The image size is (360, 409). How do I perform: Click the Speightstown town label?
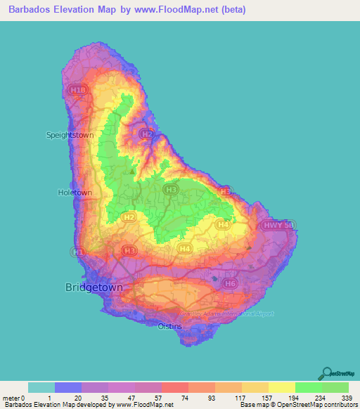click(x=70, y=134)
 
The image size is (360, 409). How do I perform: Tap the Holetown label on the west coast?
click(x=75, y=192)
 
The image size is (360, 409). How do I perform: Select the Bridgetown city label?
click(x=94, y=287)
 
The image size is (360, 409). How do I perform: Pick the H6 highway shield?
click(x=229, y=283)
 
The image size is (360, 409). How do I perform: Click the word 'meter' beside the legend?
click(x=11, y=398)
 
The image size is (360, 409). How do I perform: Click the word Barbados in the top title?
click(x=32, y=9)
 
